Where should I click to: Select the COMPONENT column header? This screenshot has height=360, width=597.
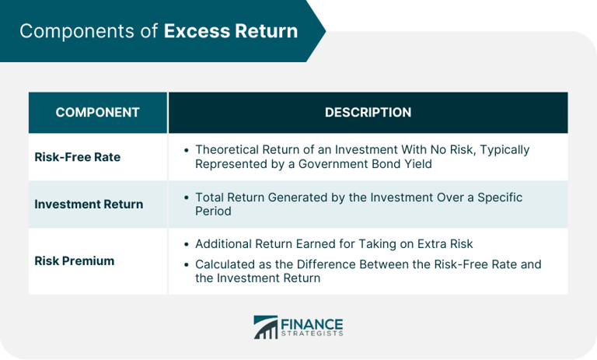pyautogui.click(x=98, y=113)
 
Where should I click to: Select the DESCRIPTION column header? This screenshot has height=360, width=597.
pyautogui.click(x=368, y=113)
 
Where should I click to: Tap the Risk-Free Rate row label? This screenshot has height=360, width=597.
pyautogui.click(x=78, y=157)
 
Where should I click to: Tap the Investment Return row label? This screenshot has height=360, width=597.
pyautogui.click(x=89, y=204)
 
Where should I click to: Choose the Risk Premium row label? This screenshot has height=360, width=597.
pyautogui.click(x=75, y=261)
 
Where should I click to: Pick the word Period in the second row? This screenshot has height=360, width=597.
pyautogui.click(x=214, y=211)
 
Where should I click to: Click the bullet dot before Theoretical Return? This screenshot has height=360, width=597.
pyautogui.click(x=187, y=150)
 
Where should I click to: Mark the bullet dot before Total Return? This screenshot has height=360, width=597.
pyautogui.click(x=187, y=198)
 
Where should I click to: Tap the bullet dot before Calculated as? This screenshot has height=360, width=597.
pyautogui.click(x=187, y=265)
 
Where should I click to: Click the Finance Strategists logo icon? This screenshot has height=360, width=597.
pyautogui.click(x=265, y=327)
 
